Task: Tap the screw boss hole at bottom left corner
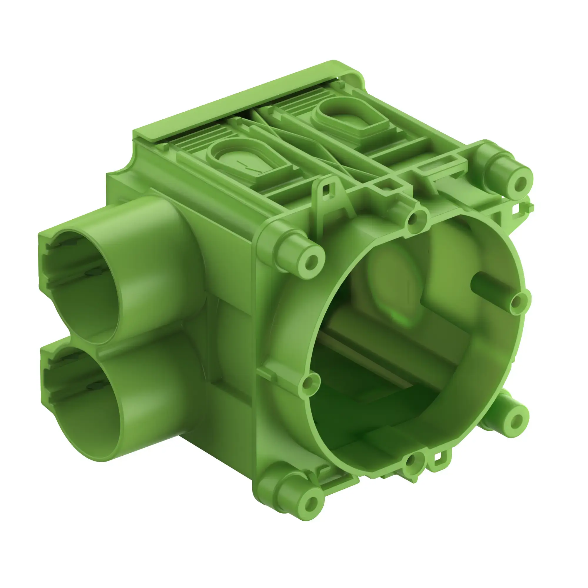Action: coord(311,504)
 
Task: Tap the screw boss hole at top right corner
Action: coord(521,183)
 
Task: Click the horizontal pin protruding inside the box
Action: coord(484,286)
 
